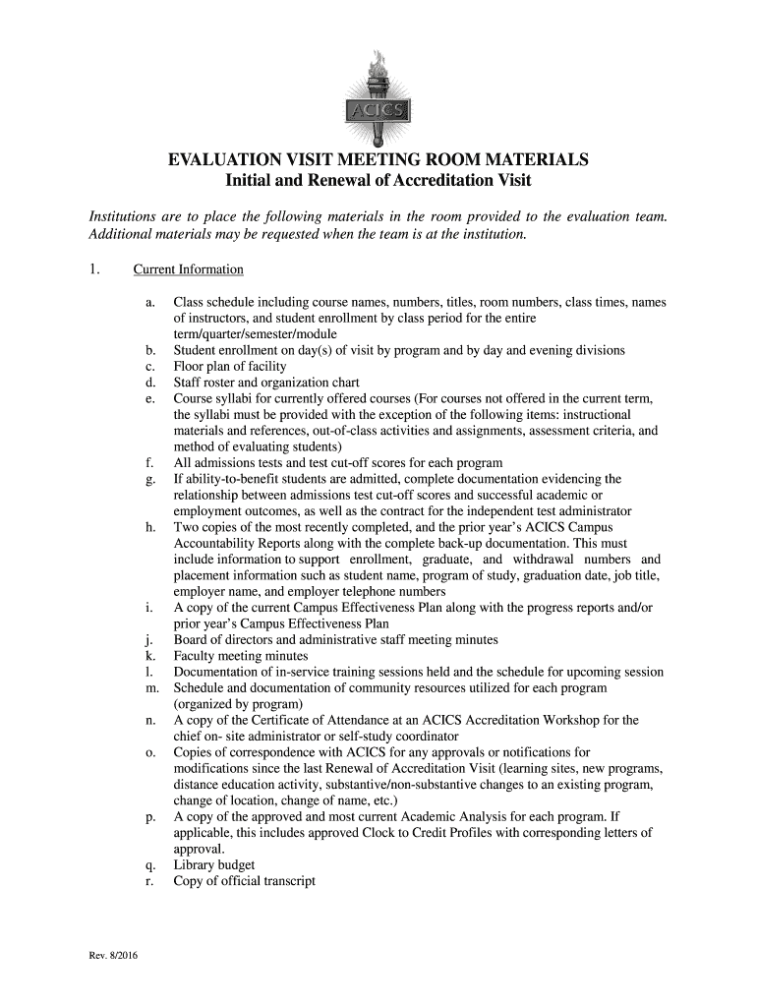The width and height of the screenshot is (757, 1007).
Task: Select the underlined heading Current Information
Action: pyautogui.click(x=189, y=269)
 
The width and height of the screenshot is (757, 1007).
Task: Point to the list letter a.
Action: pyautogui.click(x=149, y=303)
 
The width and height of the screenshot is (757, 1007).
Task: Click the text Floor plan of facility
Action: pyautogui.click(x=230, y=366)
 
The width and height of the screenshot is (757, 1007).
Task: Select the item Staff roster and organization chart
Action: pyautogui.click(x=266, y=383)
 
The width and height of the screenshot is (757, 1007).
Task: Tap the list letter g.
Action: pyautogui.click(x=149, y=479)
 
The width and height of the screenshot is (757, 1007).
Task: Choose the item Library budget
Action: pyautogui.click(x=214, y=865)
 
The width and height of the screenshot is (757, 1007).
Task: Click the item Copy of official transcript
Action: pyautogui.click(x=245, y=881)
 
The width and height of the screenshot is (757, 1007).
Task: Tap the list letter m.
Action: pyautogui.click(x=149, y=687)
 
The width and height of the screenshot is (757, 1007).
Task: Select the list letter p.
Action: pyautogui.click(x=149, y=816)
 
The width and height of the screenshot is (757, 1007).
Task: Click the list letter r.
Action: pyautogui.click(x=149, y=881)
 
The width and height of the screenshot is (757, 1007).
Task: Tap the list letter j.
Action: pyautogui.click(x=149, y=639)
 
